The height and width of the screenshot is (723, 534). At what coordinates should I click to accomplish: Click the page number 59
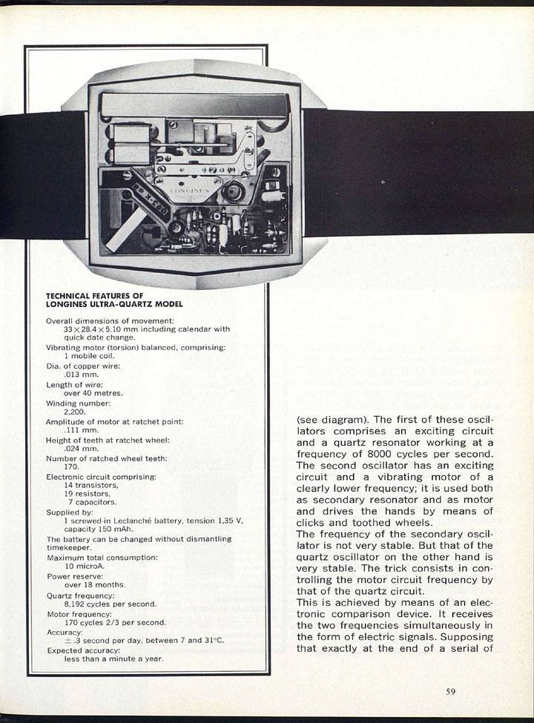tap(450, 692)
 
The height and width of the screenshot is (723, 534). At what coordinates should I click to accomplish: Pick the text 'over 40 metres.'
tap(93, 393)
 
